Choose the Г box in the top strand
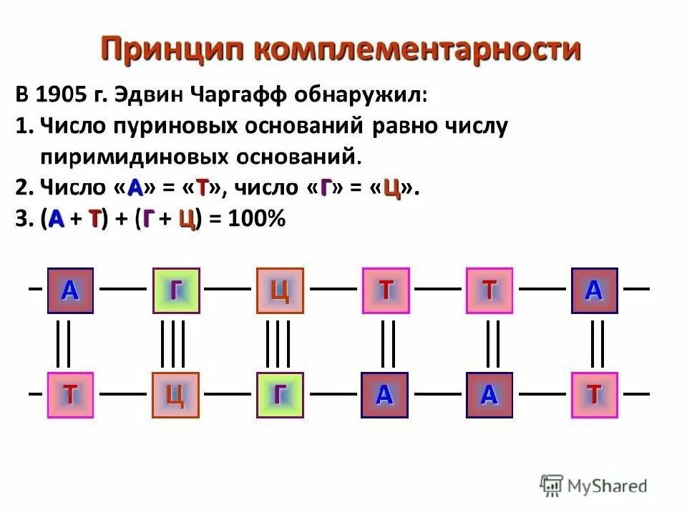pyautogui.click(x=175, y=290)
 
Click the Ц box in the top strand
pyautogui.click(x=280, y=290)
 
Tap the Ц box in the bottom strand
pyautogui.click(x=175, y=395)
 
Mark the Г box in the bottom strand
pyautogui.click(x=280, y=395)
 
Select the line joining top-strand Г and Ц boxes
pyautogui.click(x=228, y=289)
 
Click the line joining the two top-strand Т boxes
pyautogui.click(x=438, y=289)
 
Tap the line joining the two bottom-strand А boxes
pyautogui.click(x=438, y=393)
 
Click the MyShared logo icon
pyautogui.click(x=551, y=486)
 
